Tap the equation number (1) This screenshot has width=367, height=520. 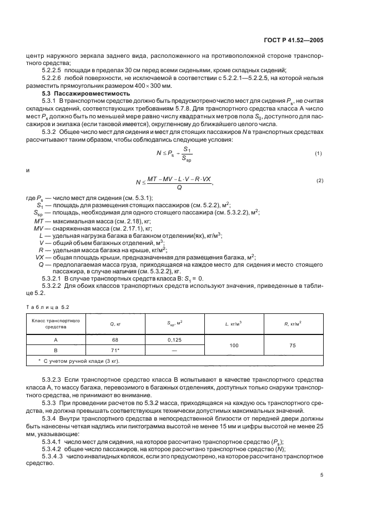click(x=319, y=152)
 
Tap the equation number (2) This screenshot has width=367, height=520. click(x=319, y=181)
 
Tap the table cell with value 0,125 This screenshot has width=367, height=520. click(x=175, y=340)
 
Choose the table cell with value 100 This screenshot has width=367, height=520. click(x=233, y=346)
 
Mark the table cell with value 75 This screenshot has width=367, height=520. click(x=292, y=346)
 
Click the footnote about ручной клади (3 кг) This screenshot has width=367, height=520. click(x=83, y=362)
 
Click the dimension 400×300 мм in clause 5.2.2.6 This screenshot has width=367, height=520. click(x=152, y=86)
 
